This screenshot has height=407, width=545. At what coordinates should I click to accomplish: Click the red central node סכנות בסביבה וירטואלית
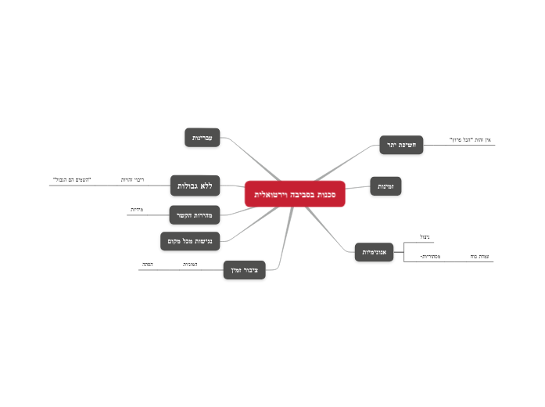click(295, 193)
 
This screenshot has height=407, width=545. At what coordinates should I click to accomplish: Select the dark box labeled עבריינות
click(203, 138)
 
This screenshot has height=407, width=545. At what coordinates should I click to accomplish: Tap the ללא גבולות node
click(195, 185)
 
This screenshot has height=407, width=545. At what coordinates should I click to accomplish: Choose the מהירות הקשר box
click(195, 214)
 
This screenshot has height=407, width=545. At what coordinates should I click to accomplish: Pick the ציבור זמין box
click(244, 270)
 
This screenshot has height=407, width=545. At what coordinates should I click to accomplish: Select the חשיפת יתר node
click(401, 145)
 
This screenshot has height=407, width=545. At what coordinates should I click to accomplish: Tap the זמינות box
click(385, 186)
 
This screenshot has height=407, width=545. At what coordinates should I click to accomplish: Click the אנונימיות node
click(374, 252)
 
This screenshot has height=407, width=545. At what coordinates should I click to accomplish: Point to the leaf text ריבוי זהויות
click(132, 180)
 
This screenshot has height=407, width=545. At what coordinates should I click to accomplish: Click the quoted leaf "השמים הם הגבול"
click(72, 180)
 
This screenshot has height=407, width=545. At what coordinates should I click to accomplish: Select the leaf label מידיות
click(136, 210)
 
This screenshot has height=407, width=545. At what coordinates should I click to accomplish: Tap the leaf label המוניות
click(190, 265)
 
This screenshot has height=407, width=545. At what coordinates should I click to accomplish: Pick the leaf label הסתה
click(147, 265)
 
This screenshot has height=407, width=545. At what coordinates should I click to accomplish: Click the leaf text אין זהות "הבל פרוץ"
click(470, 139)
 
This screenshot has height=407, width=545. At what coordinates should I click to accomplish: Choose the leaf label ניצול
click(425, 236)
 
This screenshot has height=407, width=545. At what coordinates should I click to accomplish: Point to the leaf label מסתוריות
click(430, 256)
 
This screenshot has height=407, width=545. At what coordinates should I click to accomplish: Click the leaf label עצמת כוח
click(479, 256)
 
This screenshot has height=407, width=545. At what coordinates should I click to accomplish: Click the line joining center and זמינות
click(357, 189)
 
